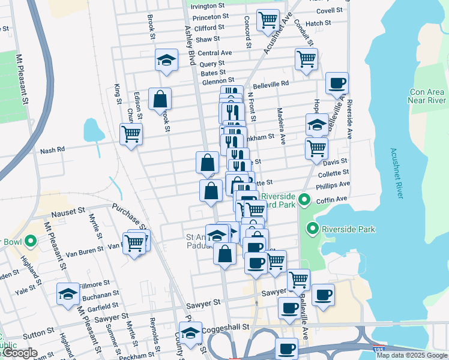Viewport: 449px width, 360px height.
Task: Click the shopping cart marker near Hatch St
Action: (x=268, y=19)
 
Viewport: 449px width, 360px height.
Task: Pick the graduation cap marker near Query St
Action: (x=166, y=60)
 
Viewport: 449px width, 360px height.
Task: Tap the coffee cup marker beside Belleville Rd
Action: (x=337, y=83)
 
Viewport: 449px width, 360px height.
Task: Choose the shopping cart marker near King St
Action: (x=131, y=134)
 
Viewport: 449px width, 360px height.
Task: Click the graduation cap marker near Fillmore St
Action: (x=68, y=293)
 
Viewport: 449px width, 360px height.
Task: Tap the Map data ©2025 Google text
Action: (x=412, y=355)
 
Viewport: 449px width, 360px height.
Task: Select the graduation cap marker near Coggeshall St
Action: (x=190, y=332)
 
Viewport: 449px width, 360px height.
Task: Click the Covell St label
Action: (x=329, y=11)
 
